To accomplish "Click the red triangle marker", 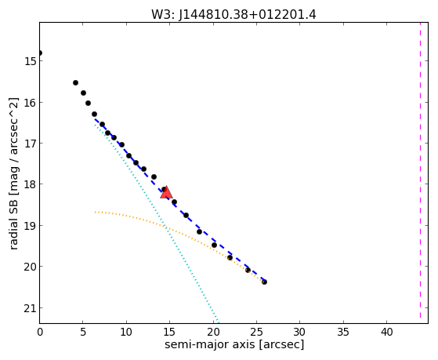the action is point(166,192).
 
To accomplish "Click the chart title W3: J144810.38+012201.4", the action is point(233,15).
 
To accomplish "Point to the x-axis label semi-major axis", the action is point(209,344).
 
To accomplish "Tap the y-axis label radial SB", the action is point(13,222).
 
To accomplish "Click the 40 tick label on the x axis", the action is point(386,332).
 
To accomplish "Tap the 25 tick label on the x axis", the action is point(256,332).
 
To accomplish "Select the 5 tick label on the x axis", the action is point(83,332).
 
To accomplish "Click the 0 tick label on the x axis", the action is point(40,332).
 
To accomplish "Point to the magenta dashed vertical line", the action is point(420,173).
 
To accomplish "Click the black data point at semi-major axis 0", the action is point(40,53).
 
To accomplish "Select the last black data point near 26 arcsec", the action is point(264,282).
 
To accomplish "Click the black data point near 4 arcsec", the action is point(75,82).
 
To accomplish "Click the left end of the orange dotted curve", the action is point(95,213).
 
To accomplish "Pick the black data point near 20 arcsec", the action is point(214,245).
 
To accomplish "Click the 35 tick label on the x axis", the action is point(343,332).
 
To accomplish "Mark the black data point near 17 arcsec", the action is point(186,215).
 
